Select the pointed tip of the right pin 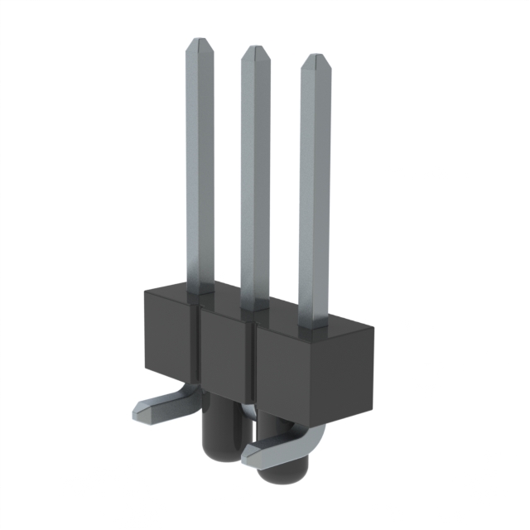point(315,60)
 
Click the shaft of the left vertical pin point(200,166)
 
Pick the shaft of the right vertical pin point(315,190)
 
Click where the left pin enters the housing point(200,291)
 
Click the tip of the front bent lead point(248,456)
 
